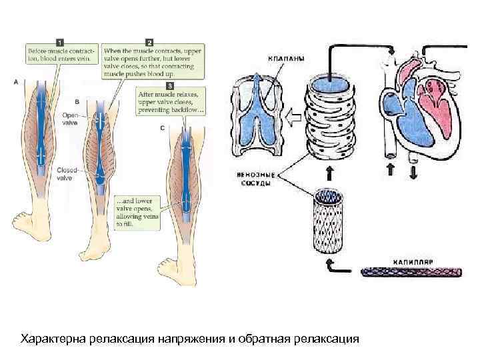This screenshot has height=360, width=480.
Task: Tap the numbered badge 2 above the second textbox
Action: tap(149, 43)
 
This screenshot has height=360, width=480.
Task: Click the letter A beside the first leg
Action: tap(17, 82)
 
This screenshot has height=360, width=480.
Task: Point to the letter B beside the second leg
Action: tap(77, 102)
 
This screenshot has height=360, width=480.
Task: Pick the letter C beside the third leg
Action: tap(163, 128)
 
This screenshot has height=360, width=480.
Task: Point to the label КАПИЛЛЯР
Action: tap(415, 262)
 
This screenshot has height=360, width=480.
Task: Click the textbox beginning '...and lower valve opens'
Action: tap(137, 213)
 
